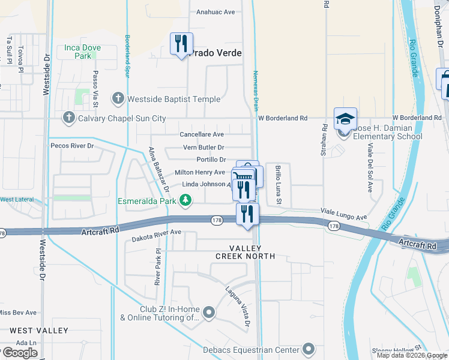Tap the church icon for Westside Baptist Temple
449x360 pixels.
click(118, 98)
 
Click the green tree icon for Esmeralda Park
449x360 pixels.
click(186, 201)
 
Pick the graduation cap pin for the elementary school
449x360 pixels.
click(346, 119)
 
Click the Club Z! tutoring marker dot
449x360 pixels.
click(208, 312)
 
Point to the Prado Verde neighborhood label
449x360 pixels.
click(216, 53)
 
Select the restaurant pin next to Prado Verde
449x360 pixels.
click(181, 44)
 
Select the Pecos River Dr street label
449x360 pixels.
click(73, 146)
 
